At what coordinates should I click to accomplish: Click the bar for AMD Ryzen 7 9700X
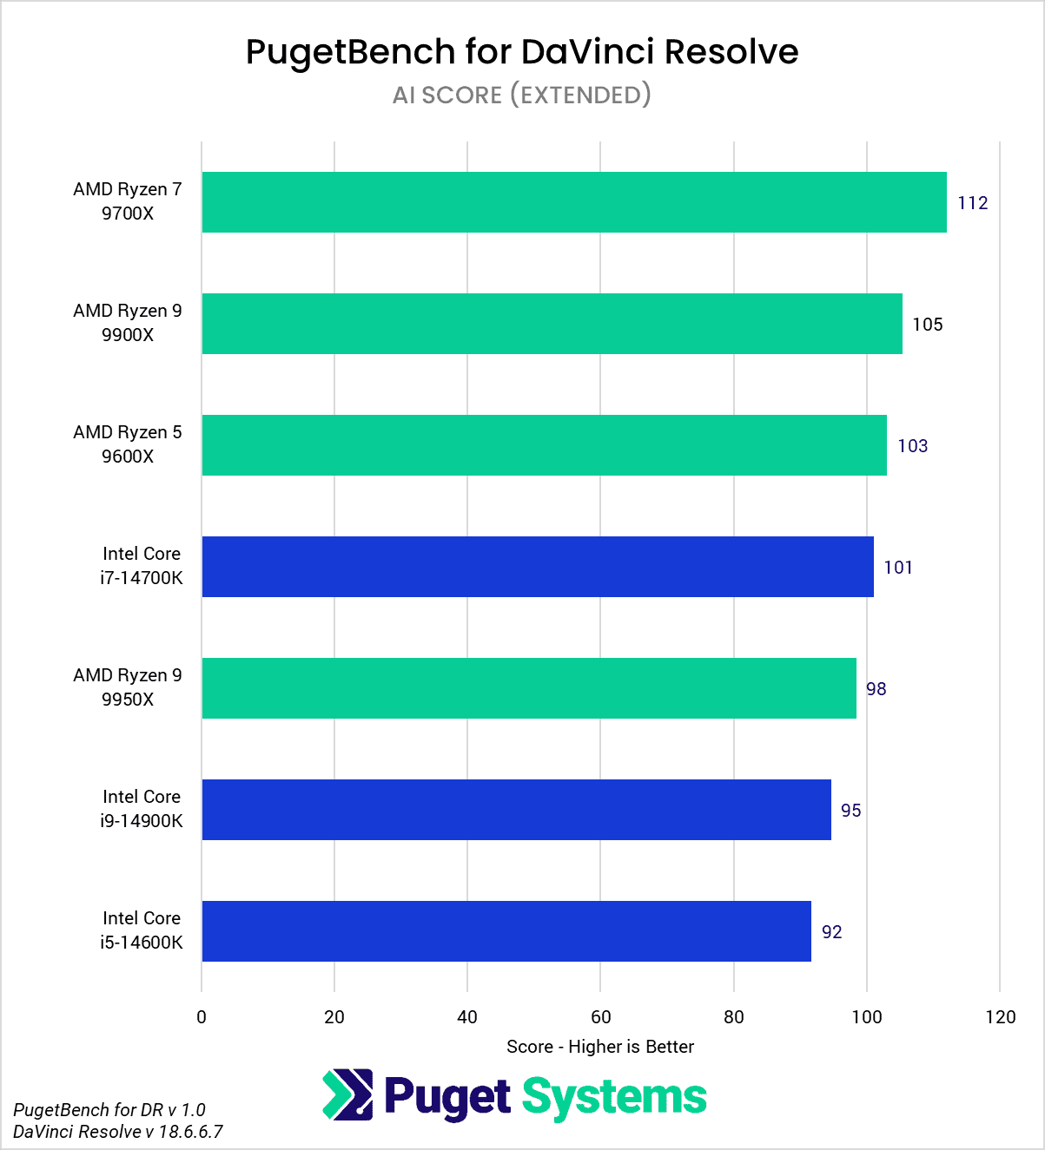click(574, 202)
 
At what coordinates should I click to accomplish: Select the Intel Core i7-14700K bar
click(538, 567)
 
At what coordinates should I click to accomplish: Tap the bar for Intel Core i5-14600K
click(506, 931)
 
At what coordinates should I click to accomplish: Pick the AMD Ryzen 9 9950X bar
click(529, 688)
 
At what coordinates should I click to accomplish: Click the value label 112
click(973, 203)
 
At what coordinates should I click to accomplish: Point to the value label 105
click(928, 325)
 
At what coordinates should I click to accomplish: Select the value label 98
click(876, 689)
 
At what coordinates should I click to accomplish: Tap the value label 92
click(832, 932)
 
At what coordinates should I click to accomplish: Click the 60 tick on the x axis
click(600, 1017)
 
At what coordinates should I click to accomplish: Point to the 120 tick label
click(1001, 1017)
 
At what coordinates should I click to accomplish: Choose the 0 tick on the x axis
click(202, 1017)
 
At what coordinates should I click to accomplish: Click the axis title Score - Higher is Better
click(600, 1047)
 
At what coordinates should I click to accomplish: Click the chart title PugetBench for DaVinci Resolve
click(522, 52)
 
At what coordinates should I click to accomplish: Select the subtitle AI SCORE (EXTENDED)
click(522, 95)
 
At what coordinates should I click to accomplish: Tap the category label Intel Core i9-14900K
click(142, 809)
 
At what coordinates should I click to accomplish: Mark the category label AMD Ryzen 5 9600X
click(128, 444)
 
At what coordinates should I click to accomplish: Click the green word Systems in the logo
click(614, 1098)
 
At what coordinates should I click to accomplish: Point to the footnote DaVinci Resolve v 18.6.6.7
click(118, 1132)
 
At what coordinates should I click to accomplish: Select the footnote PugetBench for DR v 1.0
click(109, 1110)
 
